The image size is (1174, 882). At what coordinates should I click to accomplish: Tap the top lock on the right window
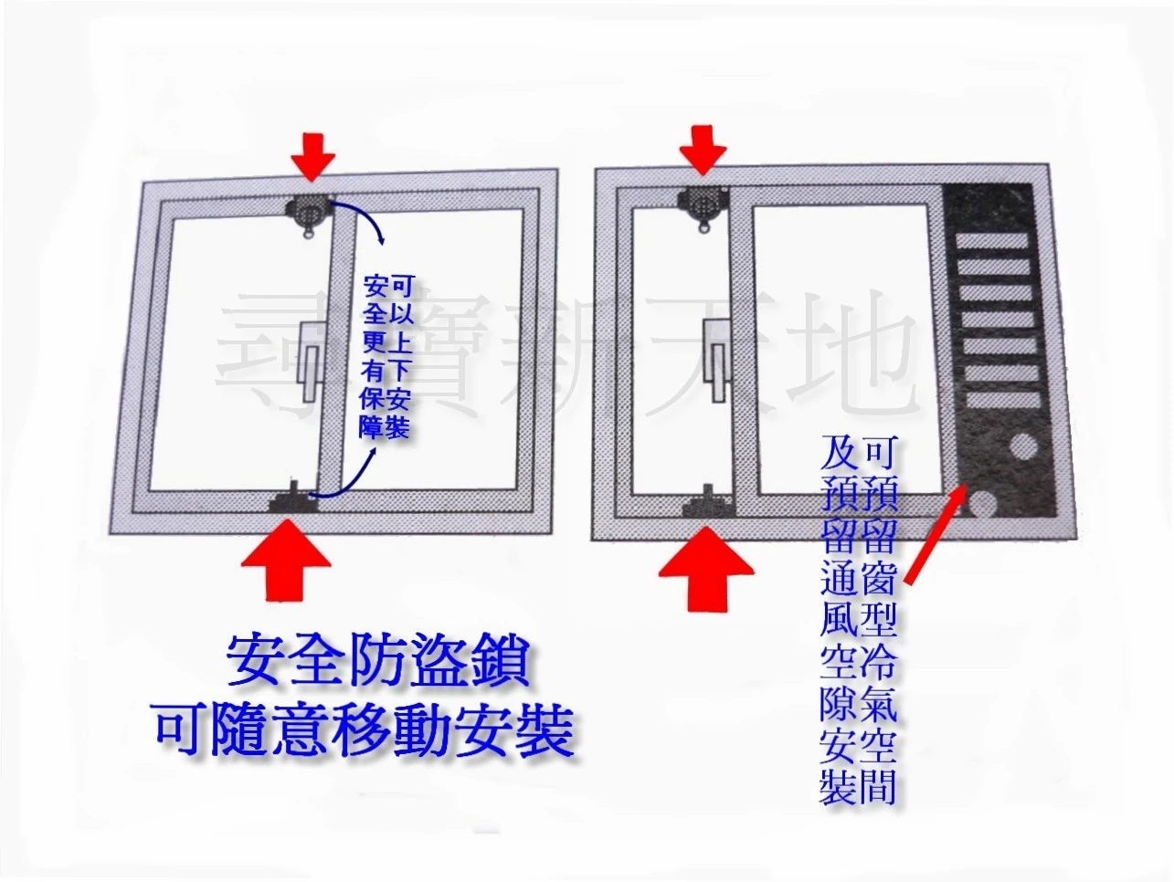pos(703,206)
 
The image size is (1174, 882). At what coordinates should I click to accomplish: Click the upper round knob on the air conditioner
pos(1021,447)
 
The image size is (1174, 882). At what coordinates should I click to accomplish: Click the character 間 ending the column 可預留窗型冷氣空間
pos(877,787)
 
